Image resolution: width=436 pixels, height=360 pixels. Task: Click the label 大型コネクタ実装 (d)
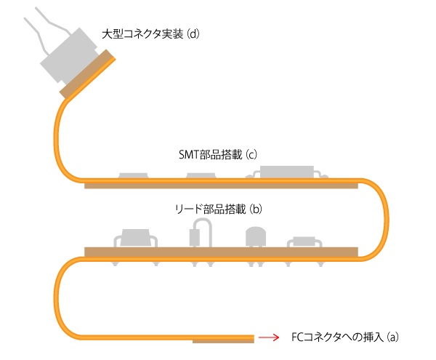click(x=150, y=34)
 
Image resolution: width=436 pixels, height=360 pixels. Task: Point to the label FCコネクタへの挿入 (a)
click(x=345, y=337)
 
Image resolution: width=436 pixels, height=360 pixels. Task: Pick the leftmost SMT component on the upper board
click(x=133, y=176)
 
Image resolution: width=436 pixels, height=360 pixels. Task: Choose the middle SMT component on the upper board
click(x=201, y=176)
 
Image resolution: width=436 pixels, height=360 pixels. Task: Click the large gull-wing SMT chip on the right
click(x=288, y=172)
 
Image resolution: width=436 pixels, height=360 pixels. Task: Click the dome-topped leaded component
click(x=255, y=237)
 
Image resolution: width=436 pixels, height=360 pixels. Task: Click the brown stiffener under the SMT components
click(x=221, y=185)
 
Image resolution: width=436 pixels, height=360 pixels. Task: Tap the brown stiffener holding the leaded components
click(x=221, y=252)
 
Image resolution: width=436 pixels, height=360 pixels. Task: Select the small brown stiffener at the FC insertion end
click(x=222, y=340)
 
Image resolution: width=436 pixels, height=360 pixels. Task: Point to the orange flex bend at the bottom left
click(x=58, y=298)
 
